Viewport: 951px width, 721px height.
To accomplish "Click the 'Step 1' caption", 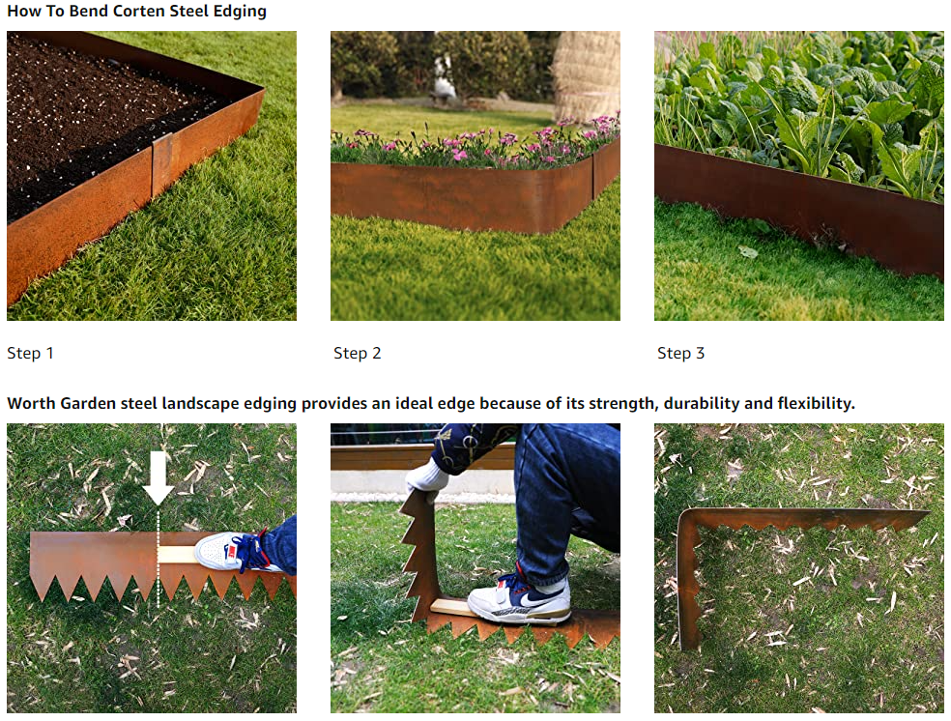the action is click(x=30, y=353).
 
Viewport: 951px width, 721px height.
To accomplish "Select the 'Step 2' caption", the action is click(x=358, y=353).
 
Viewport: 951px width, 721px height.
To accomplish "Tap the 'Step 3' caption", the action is click(x=681, y=353).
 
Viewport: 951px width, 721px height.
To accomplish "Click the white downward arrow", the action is click(x=158, y=478).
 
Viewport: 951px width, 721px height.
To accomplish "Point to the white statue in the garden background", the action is click(x=445, y=79).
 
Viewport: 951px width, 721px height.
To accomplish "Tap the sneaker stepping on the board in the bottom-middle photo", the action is click(x=519, y=598).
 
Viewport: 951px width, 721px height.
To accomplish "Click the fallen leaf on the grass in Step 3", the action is click(x=748, y=251).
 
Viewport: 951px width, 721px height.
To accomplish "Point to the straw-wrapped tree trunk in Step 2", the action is click(x=586, y=72).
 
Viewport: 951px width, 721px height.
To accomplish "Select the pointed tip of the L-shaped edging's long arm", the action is click(x=928, y=513).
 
